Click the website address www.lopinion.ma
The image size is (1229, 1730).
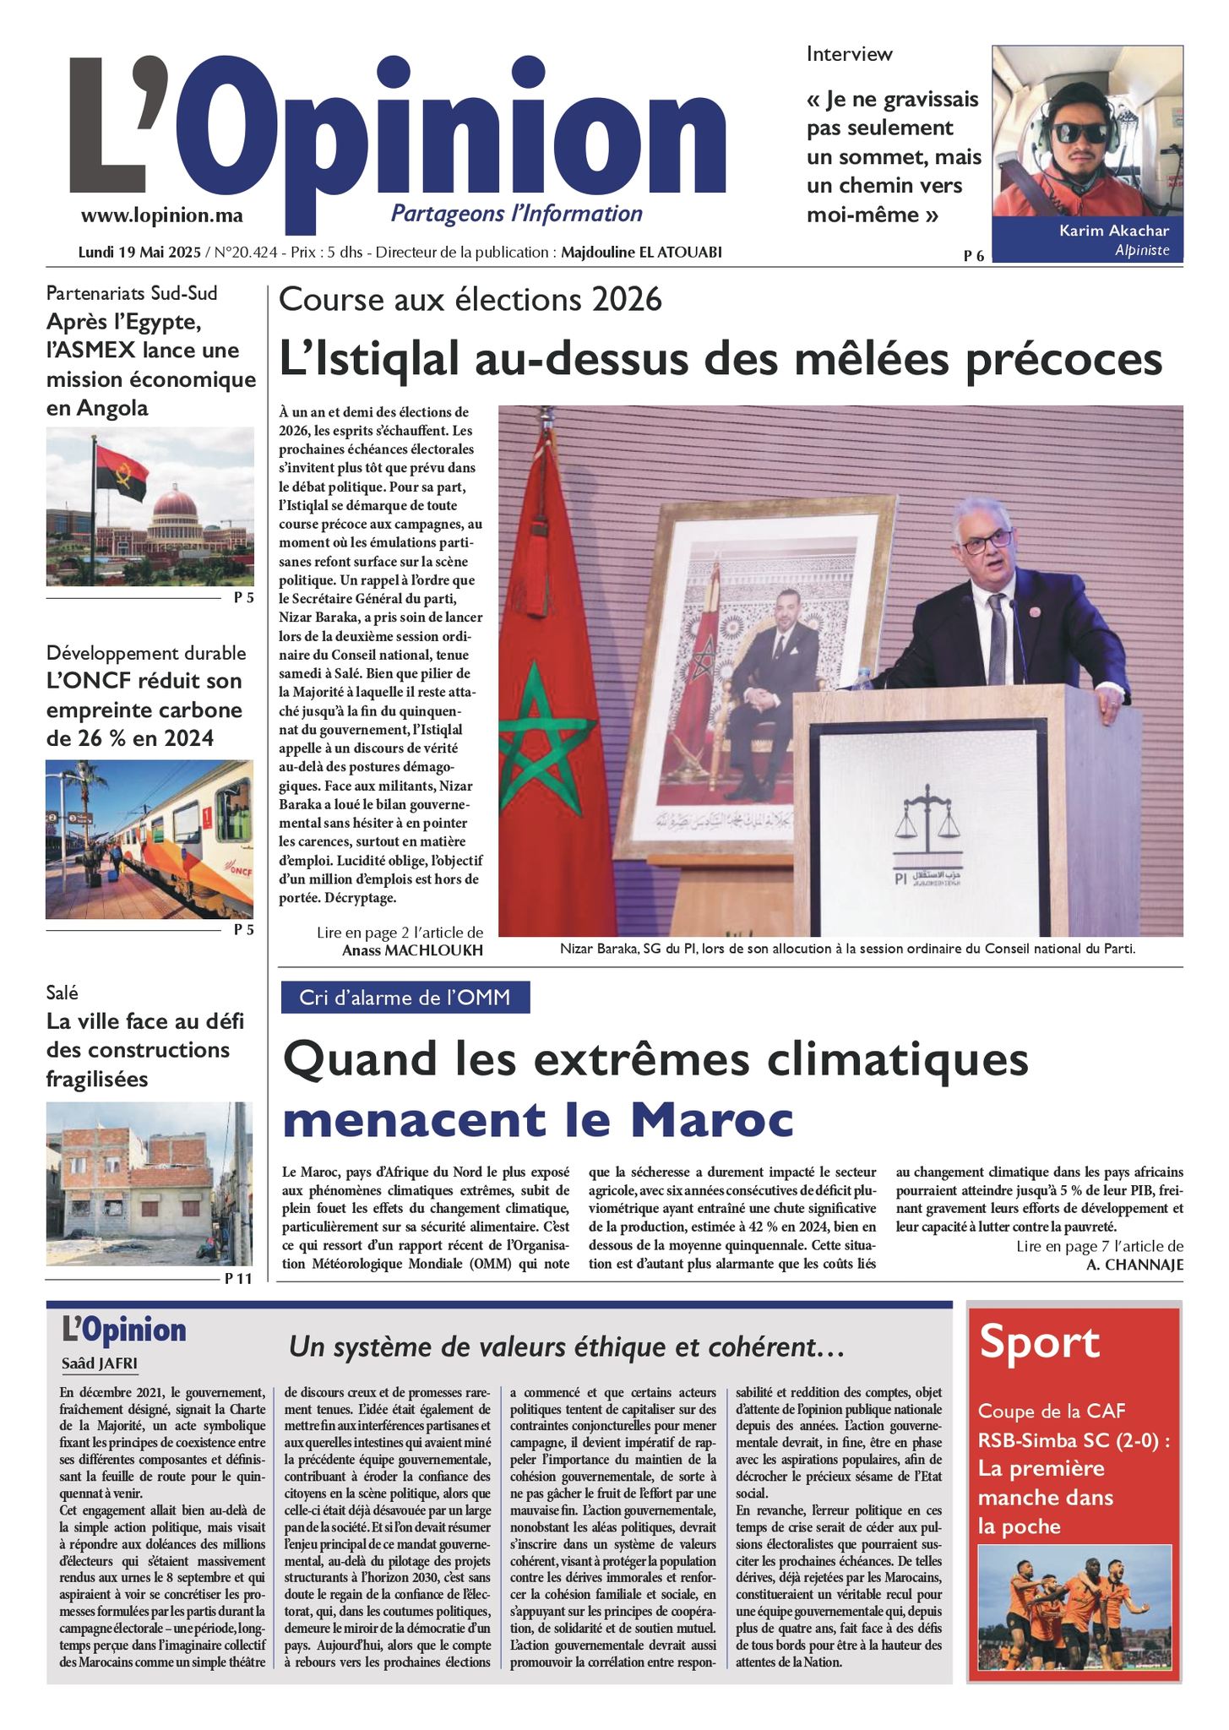[161, 215]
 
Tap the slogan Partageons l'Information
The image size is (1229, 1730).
[516, 214]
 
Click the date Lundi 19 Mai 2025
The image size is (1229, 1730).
[139, 253]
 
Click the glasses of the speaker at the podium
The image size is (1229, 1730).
[984, 541]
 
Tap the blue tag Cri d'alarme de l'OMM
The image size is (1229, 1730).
[405, 998]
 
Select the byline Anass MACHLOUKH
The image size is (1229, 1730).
[412, 950]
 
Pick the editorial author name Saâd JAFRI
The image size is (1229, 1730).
[100, 1364]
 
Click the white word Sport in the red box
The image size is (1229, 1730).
[1039, 1342]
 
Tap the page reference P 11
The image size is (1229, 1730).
[238, 1279]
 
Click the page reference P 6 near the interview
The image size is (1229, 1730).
[973, 256]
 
